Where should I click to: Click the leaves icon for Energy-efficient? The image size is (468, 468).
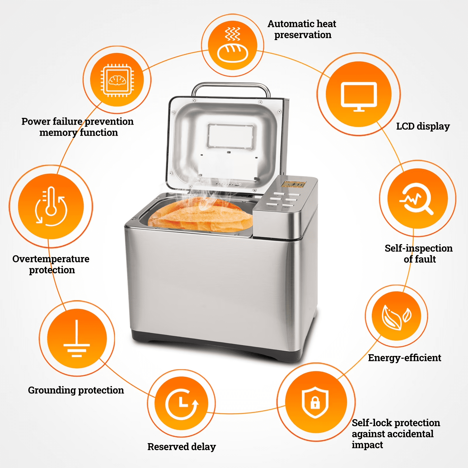tap(397, 317)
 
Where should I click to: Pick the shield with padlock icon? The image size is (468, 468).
tap(315, 402)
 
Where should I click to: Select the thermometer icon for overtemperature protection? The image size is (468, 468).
tap(51, 206)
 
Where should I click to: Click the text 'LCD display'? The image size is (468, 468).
tap(423, 126)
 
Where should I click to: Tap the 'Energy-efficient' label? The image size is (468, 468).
tap(405, 358)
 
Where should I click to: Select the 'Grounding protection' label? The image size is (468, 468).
tap(76, 390)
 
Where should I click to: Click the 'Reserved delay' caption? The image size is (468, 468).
tap(182, 447)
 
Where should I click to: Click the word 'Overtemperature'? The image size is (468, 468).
tap(51, 259)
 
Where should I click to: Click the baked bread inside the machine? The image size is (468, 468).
tap(200, 215)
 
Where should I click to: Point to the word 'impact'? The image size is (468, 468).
tap(367, 445)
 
